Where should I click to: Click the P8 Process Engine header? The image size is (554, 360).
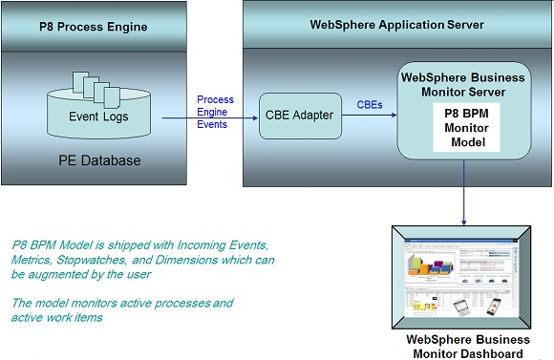click(x=93, y=26)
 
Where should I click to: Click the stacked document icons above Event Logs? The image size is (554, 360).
click(x=96, y=88)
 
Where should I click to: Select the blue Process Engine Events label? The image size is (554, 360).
click(x=215, y=111)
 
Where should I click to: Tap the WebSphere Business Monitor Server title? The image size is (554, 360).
click(x=467, y=83)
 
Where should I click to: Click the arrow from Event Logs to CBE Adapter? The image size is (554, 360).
click(x=210, y=119)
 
